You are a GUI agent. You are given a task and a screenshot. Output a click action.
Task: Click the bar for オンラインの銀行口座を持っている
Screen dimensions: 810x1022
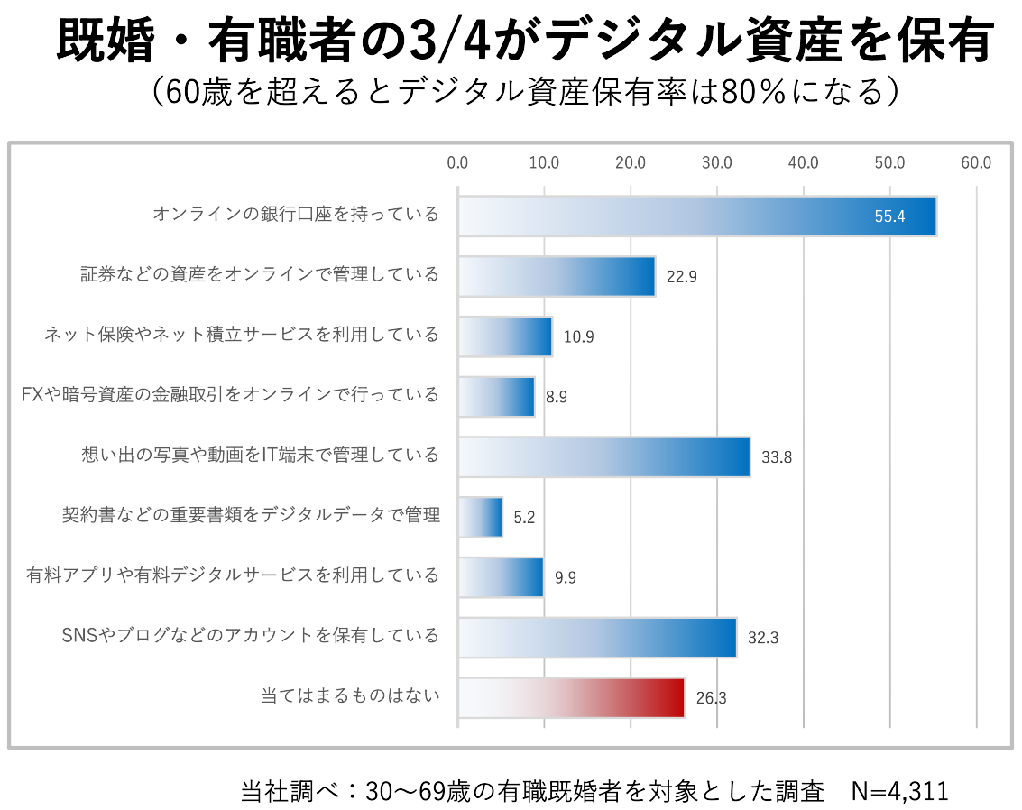coord(696,216)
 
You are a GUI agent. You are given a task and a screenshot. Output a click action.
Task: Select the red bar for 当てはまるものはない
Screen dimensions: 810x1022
coord(571,697)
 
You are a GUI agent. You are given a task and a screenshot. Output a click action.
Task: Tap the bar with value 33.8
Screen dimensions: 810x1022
coord(603,456)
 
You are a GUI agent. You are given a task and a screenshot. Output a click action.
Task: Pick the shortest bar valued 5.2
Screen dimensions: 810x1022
coord(480,517)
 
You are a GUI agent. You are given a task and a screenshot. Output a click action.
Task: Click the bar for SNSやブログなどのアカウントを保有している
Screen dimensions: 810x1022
coord(597,637)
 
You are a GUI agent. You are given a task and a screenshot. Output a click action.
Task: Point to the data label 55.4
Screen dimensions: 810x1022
coord(889,217)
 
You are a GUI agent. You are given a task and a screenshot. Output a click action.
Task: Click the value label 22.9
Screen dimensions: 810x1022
coord(682,277)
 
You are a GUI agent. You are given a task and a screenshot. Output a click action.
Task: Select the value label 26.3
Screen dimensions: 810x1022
coord(711,697)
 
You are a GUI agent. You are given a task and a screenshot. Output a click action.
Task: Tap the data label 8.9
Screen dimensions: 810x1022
coord(557,397)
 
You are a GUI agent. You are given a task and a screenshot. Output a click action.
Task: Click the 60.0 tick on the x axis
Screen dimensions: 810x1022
coord(976,162)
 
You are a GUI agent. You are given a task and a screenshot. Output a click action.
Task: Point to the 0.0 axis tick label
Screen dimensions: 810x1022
coord(457,162)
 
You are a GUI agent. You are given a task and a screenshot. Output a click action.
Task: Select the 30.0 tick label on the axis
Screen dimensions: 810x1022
coord(717,162)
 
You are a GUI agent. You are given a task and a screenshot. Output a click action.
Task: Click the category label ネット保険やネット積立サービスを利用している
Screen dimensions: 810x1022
coord(242,335)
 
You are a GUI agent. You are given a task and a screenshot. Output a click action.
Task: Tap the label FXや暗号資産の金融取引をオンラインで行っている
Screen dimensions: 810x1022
coord(230,395)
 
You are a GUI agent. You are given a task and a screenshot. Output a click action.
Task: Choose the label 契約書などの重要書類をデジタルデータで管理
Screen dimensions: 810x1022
coord(251,515)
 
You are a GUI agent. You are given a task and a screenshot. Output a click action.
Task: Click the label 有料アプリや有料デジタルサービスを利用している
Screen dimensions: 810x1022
coord(233,575)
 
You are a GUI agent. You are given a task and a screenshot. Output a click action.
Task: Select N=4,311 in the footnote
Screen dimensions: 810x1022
coord(899,791)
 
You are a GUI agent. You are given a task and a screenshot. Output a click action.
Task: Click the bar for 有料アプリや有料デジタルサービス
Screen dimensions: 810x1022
coord(501,577)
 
